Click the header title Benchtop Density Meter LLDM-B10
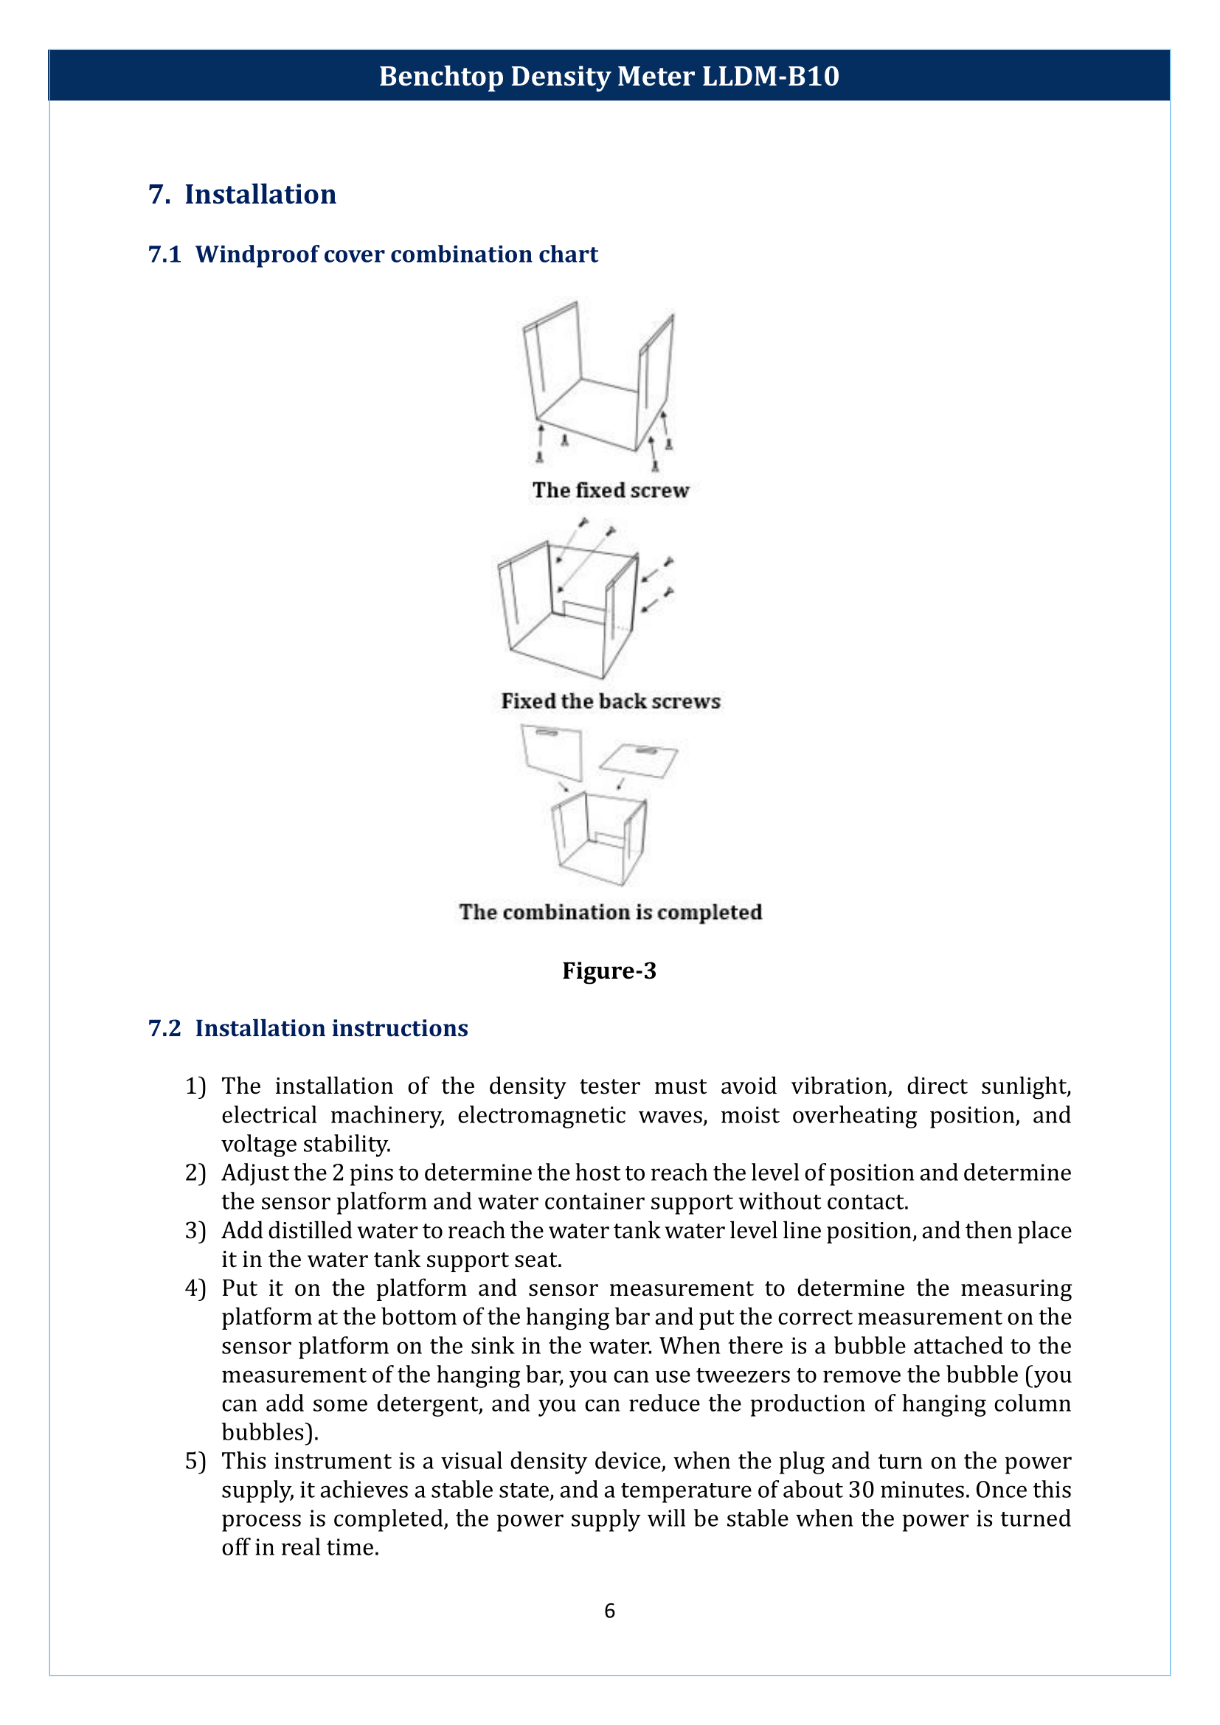(x=609, y=76)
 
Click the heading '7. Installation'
(x=242, y=195)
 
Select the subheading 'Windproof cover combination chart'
(x=396, y=254)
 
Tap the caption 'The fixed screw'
(x=610, y=490)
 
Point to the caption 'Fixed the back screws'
(x=610, y=701)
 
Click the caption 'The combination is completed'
(x=610, y=912)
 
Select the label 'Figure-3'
(x=609, y=971)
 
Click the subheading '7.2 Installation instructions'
(x=308, y=1028)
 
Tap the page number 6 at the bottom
(x=609, y=1610)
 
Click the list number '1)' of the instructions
(x=195, y=1086)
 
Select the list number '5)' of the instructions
(x=195, y=1461)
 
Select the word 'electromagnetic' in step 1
(x=541, y=1115)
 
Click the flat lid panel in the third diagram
(x=639, y=760)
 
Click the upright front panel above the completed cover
(x=553, y=753)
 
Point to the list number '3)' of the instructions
(x=195, y=1231)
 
